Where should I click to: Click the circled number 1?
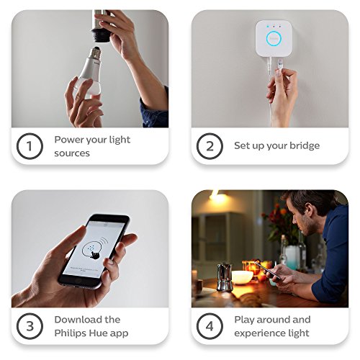tap(30, 146)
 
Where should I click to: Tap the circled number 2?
tap(210, 146)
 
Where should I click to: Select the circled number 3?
tap(30, 325)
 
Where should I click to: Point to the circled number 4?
tap(210, 325)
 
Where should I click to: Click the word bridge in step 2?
tap(304, 146)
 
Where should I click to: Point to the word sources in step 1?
tap(73, 153)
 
